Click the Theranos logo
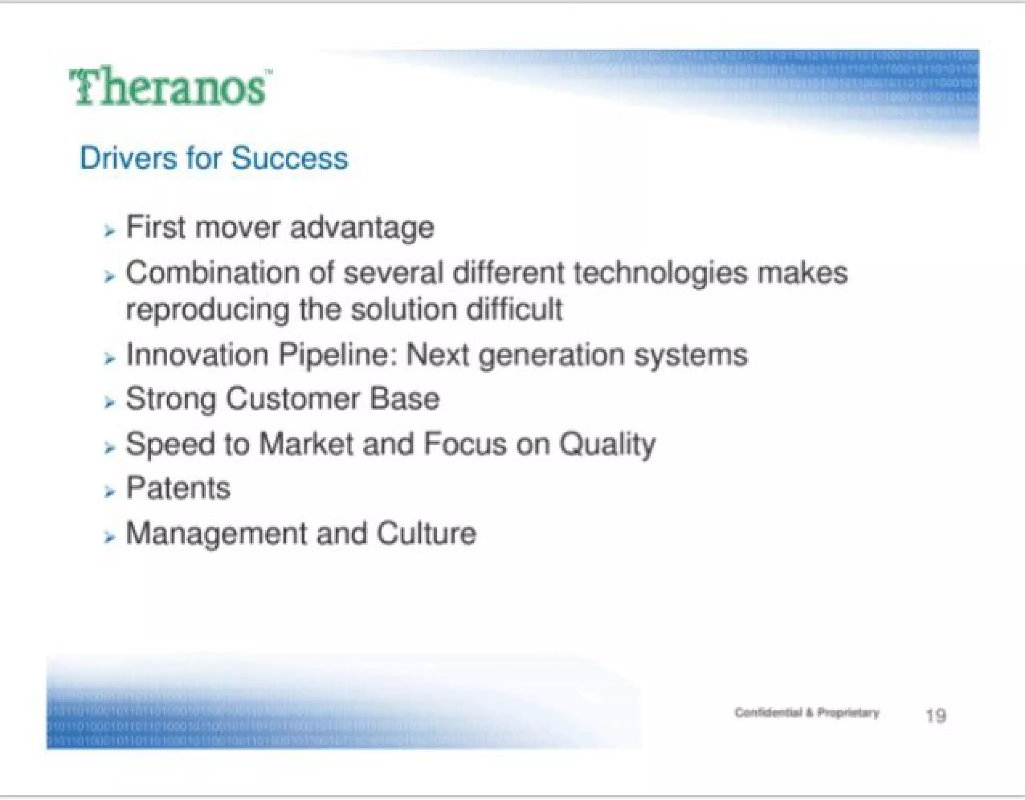[x=169, y=88]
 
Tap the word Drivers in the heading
[x=128, y=159]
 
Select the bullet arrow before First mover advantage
[x=109, y=231]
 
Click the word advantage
[x=361, y=228]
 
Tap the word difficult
[x=514, y=309]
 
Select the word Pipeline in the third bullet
[x=333, y=355]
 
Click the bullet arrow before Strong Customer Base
[x=109, y=402]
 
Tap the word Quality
[x=607, y=444]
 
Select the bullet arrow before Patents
[x=109, y=492]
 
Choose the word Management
[x=216, y=534]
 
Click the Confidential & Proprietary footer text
[x=806, y=712]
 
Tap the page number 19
[x=935, y=715]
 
